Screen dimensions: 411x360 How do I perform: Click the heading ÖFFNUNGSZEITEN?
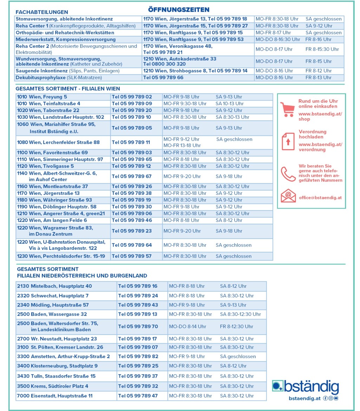[178, 9]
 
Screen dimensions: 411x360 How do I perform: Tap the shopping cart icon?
[288, 109]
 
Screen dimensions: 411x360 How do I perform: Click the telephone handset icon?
[288, 174]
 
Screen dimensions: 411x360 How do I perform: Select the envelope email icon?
[288, 196]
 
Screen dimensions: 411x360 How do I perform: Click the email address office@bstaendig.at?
[320, 198]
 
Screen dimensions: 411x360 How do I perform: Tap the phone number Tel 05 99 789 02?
[132, 97]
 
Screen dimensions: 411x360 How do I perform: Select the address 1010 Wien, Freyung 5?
[42, 97]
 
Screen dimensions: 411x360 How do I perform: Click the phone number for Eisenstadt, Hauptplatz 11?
[138, 396]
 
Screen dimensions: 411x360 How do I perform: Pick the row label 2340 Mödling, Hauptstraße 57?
[53, 305]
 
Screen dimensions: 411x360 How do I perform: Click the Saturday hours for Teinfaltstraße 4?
[229, 104]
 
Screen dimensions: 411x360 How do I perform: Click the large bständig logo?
[305, 387]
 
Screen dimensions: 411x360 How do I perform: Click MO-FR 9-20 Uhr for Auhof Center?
[182, 176]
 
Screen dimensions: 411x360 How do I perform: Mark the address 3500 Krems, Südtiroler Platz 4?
[53, 386]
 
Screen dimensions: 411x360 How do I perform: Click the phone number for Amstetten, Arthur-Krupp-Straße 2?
[138, 356]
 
